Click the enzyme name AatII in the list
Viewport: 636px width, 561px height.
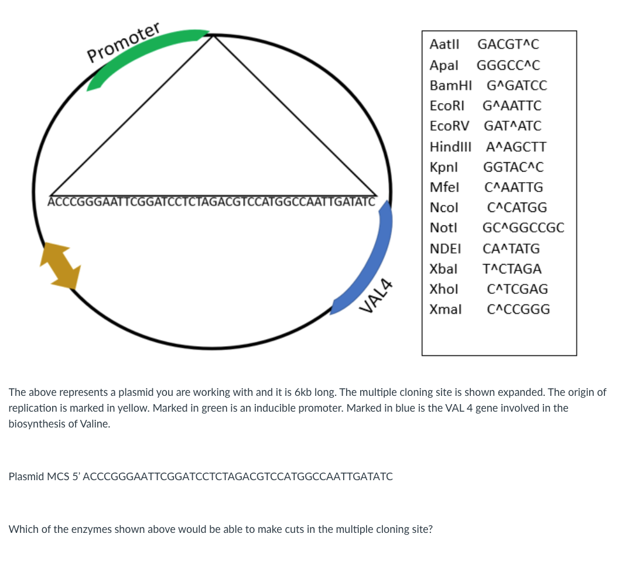point(444,45)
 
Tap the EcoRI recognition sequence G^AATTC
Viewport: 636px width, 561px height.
point(512,106)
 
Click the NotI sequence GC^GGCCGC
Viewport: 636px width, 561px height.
point(523,228)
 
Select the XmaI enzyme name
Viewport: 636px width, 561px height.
point(446,309)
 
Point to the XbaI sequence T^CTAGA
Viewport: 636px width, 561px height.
point(512,269)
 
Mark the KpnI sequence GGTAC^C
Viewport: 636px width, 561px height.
point(513,167)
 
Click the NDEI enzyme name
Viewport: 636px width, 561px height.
point(445,249)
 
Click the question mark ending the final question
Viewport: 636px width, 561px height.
point(430,529)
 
